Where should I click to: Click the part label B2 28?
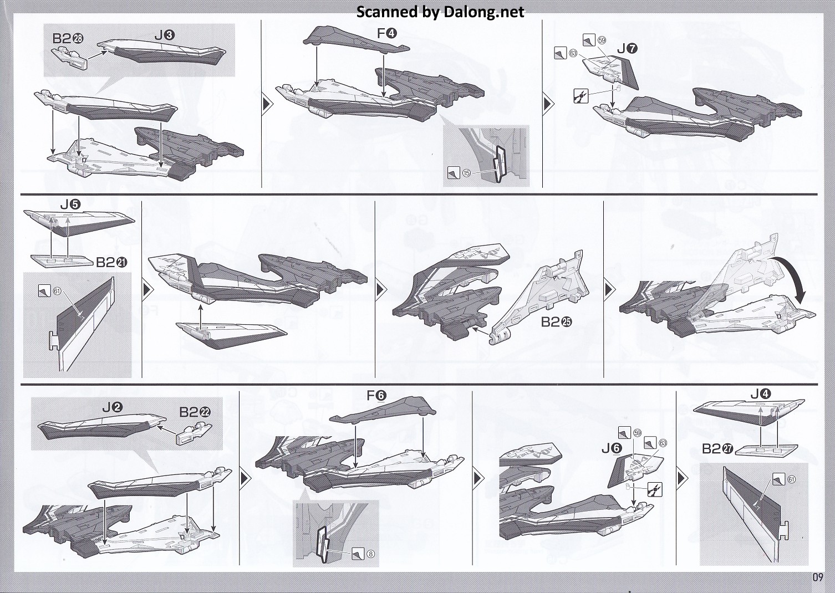[x=68, y=38]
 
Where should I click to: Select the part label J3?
[x=165, y=35]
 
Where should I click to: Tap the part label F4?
[x=387, y=33]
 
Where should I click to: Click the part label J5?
[x=70, y=205]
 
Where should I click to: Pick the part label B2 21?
[x=112, y=263]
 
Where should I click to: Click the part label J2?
[x=112, y=407]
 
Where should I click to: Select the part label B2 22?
[x=195, y=412]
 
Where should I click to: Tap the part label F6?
[x=376, y=396]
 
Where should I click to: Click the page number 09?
[x=818, y=577]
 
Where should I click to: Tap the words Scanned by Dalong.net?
[x=440, y=12]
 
